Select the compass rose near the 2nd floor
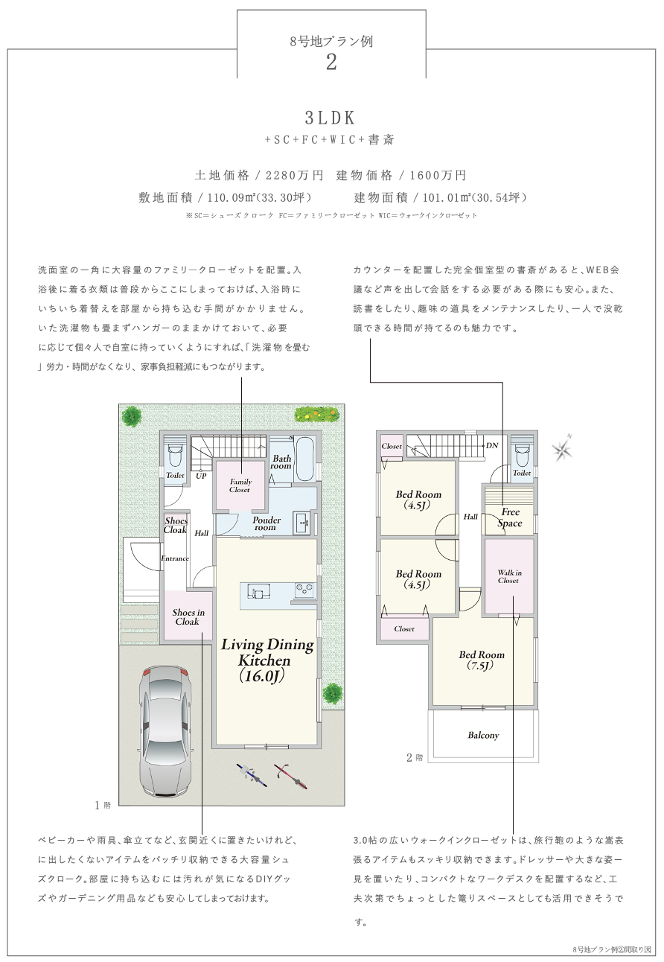tap(563, 449)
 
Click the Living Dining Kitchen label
tap(266, 660)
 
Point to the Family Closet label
tap(240, 485)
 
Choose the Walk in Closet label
tap(509, 576)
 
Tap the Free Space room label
tap(510, 517)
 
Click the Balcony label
tap(483, 735)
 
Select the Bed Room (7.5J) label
tap(481, 660)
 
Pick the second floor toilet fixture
tap(522, 453)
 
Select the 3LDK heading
tap(331, 118)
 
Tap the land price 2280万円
tap(294, 175)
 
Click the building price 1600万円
tap(438, 175)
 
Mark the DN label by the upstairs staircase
tap(492, 445)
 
